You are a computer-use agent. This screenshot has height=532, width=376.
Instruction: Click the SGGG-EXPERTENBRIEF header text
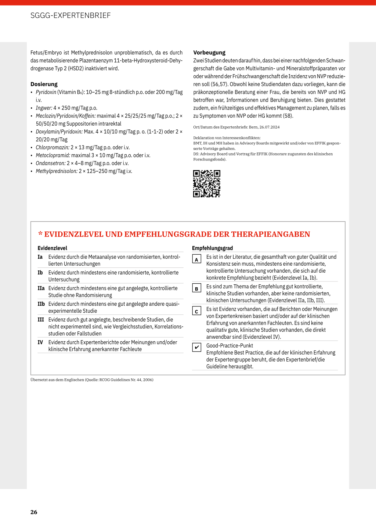coord(70,15)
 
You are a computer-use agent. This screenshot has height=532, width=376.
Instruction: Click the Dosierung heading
coord(44,84)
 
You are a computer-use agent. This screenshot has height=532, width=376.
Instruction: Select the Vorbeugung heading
coord(209,53)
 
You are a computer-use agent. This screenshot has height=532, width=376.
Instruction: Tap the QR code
coord(207,184)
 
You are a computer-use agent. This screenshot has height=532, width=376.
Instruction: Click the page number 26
coord(34,512)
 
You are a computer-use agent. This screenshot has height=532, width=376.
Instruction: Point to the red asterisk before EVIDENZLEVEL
coord(40,234)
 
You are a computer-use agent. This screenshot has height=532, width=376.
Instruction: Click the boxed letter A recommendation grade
coord(196,259)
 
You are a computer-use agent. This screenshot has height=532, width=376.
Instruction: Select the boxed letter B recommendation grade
coord(196,288)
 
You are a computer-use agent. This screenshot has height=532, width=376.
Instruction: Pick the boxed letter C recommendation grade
coord(196,311)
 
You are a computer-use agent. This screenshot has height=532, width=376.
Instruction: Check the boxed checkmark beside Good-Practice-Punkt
coord(196,347)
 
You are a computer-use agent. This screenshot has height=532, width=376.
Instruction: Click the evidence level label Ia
coord(40,257)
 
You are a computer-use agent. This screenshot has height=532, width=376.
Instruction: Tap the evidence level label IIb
coord(41,304)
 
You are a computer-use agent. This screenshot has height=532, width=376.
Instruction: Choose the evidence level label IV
coord(40,342)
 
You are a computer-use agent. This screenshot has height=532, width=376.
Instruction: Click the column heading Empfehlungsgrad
coord(212,248)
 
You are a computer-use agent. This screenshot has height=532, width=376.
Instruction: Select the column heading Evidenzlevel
coord(53,248)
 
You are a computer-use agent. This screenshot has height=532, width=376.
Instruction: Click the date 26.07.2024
coord(270,127)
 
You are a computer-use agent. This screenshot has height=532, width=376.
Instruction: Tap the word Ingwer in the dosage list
coord(44,108)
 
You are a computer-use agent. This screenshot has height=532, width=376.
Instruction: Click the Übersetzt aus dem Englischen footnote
coord(92,380)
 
